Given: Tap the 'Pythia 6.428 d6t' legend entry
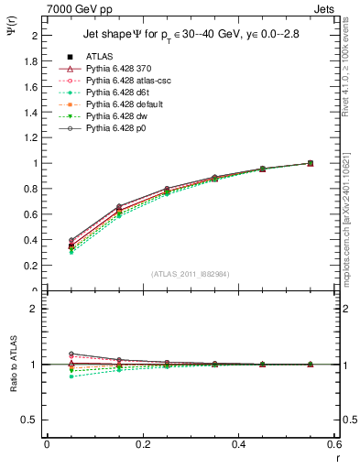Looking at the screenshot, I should (x=116, y=93).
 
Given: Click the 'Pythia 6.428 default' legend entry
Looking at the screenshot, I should (x=123, y=104).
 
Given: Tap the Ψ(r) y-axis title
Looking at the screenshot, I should (x=10, y=32).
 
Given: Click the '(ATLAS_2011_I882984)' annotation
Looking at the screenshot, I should (x=190, y=274).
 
